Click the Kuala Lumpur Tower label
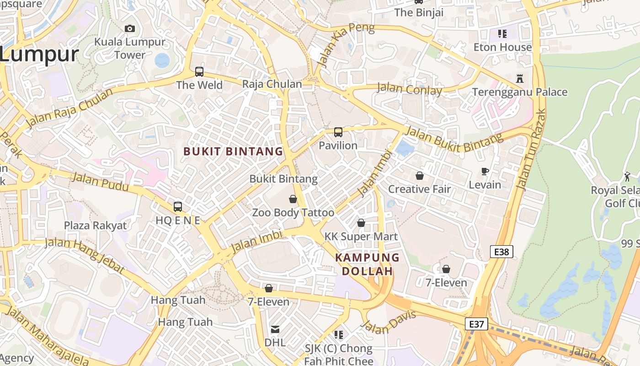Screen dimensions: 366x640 point(129,48)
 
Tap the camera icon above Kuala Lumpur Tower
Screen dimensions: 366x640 point(130,28)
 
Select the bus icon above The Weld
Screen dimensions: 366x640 point(199,72)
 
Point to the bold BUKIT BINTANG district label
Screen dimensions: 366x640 point(233,151)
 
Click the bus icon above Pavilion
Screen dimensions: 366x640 point(338,132)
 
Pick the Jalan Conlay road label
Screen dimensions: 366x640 point(409,88)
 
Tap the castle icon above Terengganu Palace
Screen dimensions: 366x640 point(519,78)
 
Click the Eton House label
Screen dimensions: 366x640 point(502,47)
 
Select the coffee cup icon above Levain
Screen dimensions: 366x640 point(485,172)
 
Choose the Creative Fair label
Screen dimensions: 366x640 point(419,189)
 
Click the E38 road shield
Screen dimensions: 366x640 point(501,251)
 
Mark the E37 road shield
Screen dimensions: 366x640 point(476,324)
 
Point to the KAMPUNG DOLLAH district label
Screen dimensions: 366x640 point(368,264)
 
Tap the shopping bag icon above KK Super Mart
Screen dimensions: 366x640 point(361,223)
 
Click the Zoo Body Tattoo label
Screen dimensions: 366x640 point(293,213)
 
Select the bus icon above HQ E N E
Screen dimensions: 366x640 point(178,207)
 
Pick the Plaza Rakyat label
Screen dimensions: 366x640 point(95,226)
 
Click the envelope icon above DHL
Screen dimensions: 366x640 point(275,329)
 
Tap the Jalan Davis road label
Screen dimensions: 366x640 point(389,322)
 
